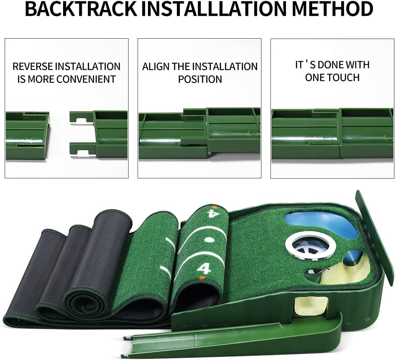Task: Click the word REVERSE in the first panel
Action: coord(33,66)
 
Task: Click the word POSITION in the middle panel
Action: coord(200,79)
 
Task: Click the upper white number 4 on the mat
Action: coord(211,214)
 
